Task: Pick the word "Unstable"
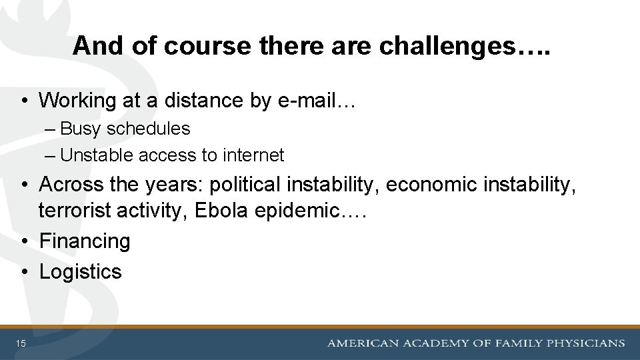[x=97, y=155]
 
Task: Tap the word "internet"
[x=253, y=155]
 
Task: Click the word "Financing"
[x=85, y=241]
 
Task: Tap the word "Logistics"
[x=80, y=271]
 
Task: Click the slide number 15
[x=21, y=343]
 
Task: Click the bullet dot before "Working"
[x=23, y=101]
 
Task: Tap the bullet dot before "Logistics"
[x=23, y=272]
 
